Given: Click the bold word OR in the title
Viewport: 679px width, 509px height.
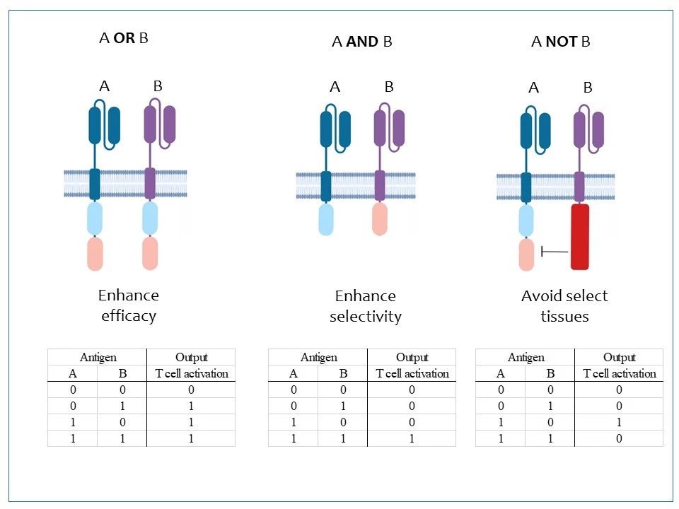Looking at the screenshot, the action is (x=124, y=38).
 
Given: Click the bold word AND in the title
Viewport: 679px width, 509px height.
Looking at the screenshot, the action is (x=362, y=42).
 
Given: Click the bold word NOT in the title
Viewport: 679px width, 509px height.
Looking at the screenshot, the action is (x=562, y=42).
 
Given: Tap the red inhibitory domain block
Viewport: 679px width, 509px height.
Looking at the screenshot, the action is (x=580, y=237).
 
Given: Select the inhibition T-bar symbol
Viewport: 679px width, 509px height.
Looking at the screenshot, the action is (x=555, y=251).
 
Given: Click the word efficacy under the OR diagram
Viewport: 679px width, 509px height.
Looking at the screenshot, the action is (x=129, y=316).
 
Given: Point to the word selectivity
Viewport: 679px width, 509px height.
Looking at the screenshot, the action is (x=366, y=317).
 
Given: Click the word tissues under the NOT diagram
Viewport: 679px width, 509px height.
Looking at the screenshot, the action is (x=564, y=317).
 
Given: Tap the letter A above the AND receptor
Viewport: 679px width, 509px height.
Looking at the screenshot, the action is (x=335, y=87).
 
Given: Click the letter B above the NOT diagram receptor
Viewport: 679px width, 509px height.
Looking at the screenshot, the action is (x=588, y=88).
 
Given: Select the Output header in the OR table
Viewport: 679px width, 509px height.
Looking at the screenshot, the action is (x=192, y=358).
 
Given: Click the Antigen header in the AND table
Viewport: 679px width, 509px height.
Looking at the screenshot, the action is (x=319, y=358).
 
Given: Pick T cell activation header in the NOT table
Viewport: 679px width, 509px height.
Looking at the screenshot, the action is (x=620, y=373).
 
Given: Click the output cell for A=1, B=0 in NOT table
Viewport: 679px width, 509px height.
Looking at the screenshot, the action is (x=619, y=423).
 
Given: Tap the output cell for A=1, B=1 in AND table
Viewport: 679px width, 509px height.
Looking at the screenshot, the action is (x=412, y=438).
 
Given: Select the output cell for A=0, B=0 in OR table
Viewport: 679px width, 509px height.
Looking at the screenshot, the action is (x=191, y=390).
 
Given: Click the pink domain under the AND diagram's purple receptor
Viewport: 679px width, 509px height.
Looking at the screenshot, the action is (x=380, y=218).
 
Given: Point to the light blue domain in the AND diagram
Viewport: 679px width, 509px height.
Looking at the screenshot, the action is (x=326, y=219).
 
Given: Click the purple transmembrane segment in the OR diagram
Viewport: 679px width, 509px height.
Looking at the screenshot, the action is (x=150, y=184).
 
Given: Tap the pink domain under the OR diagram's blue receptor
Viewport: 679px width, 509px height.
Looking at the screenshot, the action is (x=95, y=254).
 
